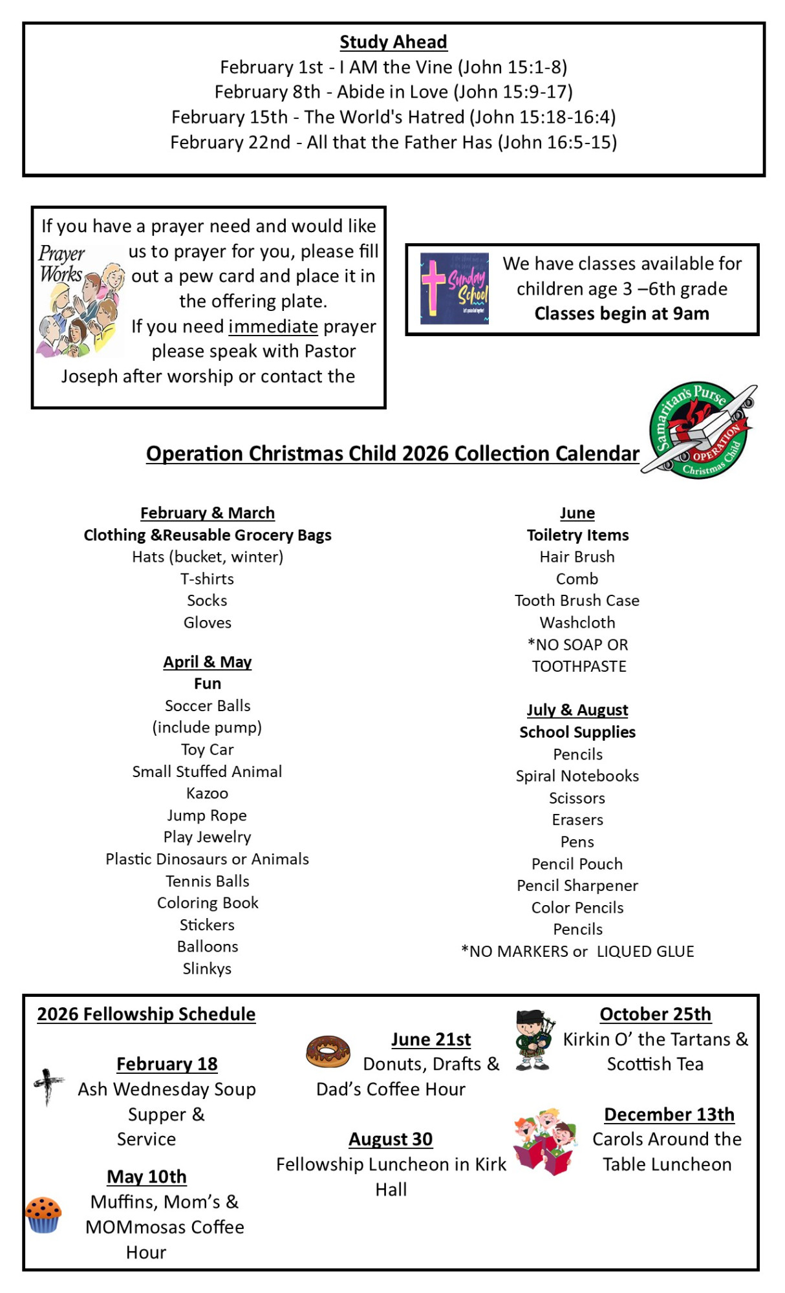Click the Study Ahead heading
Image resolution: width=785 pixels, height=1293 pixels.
[x=393, y=42]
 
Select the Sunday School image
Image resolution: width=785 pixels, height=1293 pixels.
[x=455, y=288]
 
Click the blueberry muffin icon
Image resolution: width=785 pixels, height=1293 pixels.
[x=43, y=1215]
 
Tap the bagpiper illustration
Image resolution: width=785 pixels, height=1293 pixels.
[x=533, y=1040]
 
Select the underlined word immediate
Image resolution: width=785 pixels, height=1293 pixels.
[x=273, y=326]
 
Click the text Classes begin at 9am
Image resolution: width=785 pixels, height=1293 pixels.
[x=621, y=314]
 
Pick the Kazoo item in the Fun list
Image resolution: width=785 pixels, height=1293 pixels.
[x=207, y=793]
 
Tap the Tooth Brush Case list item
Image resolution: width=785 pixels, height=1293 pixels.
[x=577, y=601]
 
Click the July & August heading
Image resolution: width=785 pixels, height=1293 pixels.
[x=577, y=710]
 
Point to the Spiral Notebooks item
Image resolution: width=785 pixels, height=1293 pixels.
[x=577, y=776]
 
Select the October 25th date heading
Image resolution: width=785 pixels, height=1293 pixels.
[x=655, y=1014]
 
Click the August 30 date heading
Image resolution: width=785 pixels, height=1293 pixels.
[x=391, y=1139]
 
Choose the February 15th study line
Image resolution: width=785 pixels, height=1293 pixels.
[x=393, y=117]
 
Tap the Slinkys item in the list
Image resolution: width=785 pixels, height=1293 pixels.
[x=207, y=968]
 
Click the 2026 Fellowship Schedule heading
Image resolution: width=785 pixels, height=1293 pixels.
[x=146, y=1014]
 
